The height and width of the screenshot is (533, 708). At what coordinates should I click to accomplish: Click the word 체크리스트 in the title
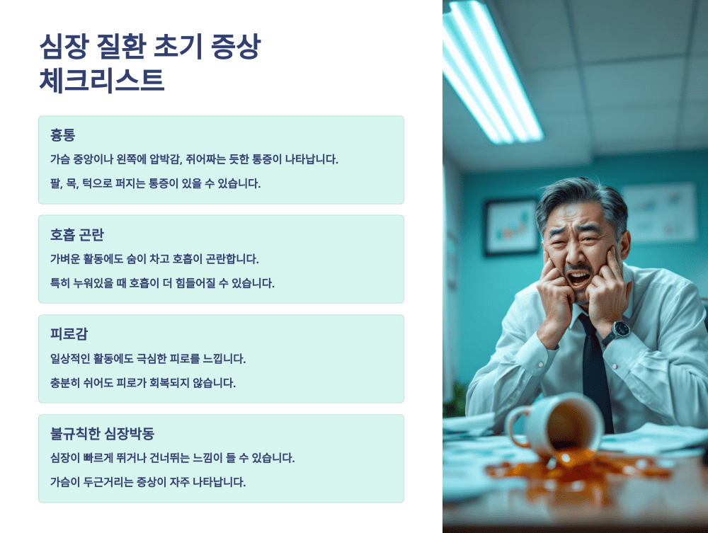(102, 80)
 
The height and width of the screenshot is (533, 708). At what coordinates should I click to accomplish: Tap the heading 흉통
(62, 134)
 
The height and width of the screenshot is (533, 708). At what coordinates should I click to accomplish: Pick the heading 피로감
(69, 334)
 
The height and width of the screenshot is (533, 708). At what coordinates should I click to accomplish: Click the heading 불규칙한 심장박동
(103, 433)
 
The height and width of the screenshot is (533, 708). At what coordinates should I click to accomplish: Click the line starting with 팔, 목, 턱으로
(155, 184)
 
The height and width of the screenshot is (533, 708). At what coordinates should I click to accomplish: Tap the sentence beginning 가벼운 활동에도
(154, 259)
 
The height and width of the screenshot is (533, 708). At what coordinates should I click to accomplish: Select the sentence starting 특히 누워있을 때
(161, 283)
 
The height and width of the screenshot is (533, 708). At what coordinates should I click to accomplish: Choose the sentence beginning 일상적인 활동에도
(147, 359)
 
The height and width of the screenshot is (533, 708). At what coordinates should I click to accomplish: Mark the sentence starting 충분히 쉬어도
(142, 383)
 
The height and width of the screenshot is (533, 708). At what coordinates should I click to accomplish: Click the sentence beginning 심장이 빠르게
(172, 458)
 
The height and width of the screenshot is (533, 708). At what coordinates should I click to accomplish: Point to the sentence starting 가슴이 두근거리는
(147, 483)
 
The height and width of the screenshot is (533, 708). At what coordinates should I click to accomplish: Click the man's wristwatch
(620, 329)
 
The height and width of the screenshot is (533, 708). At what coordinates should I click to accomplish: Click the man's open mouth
(580, 276)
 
